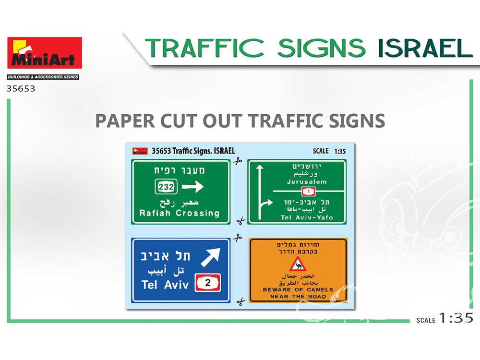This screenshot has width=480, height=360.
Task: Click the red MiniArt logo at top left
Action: (44, 53)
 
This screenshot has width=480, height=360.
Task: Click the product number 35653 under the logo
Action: (21, 89)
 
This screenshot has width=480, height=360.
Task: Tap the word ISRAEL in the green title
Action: (425, 48)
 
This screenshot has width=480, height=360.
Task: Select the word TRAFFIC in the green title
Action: (204, 48)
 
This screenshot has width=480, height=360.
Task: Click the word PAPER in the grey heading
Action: (125, 120)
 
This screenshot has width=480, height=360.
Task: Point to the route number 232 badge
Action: (166, 186)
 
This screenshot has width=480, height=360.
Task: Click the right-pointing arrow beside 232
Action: (192, 186)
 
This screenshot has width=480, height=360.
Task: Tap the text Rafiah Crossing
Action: (180, 213)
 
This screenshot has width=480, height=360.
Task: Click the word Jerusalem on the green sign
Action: (307, 181)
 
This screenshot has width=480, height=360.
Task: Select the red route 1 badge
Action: (309, 192)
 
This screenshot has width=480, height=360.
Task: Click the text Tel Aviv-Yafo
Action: (306, 217)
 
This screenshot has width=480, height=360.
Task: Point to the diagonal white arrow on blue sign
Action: (211, 257)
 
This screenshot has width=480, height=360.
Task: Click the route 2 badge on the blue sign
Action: (208, 283)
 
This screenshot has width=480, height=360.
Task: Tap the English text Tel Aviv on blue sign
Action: (165, 285)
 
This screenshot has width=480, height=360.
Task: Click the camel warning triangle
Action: (298, 264)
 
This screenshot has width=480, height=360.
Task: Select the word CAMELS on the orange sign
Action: (320, 289)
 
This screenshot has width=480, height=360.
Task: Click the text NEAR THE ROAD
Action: (298, 297)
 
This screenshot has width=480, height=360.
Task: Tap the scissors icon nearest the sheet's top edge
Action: (238, 161)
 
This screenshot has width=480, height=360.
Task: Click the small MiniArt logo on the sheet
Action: (140, 151)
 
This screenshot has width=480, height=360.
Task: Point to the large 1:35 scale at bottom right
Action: (456, 318)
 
